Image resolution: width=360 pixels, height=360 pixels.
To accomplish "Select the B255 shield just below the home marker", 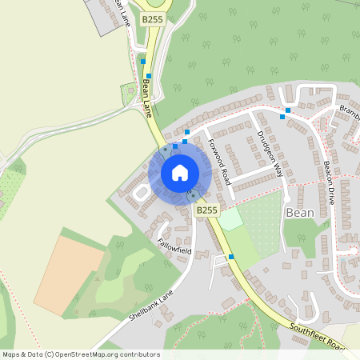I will click(206, 210).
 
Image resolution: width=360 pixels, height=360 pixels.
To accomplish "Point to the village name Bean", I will click(299, 214).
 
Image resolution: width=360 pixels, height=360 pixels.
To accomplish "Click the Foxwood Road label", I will click(218, 158).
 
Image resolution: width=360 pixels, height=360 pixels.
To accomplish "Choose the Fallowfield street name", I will click(174, 239).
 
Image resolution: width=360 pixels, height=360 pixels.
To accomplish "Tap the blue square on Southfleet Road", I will click(231, 257).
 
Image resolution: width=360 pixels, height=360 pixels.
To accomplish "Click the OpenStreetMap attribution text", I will click(80, 354).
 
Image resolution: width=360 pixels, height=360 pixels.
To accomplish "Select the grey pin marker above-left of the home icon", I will click(164, 150).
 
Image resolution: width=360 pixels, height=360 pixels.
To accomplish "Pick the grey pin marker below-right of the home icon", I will click(192, 194).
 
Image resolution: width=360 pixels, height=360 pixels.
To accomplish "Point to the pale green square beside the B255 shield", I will click(230, 218).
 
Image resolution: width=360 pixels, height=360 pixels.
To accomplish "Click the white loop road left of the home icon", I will click(141, 192).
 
